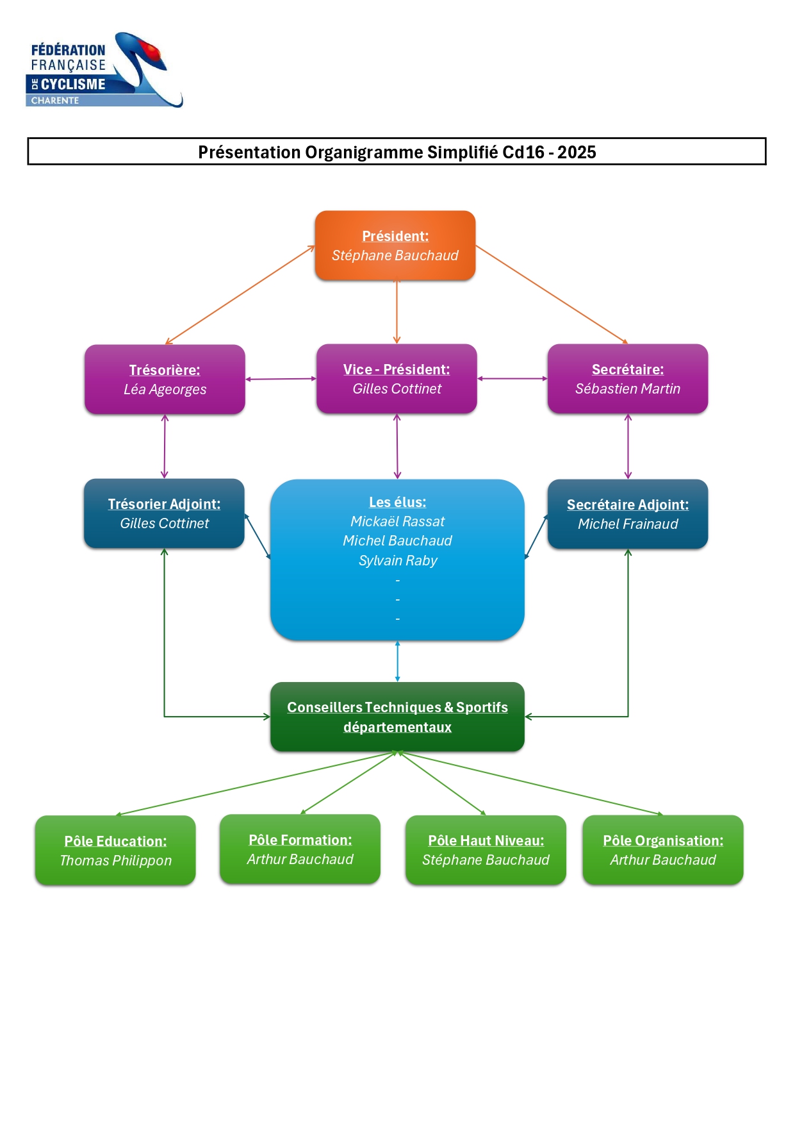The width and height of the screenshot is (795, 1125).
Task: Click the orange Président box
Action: [395, 246]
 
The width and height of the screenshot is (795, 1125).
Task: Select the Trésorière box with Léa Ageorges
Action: [165, 379]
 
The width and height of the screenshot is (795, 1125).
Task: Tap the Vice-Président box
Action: [397, 379]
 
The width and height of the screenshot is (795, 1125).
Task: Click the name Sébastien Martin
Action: [627, 389]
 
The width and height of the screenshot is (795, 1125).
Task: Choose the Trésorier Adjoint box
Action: [164, 513]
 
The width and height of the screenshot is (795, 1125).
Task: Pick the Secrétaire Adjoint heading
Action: [627, 504]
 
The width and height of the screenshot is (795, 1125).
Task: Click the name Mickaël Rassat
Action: [397, 522]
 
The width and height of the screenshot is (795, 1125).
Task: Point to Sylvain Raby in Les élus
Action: [398, 561]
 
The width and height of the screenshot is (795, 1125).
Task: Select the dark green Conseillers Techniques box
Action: [397, 717]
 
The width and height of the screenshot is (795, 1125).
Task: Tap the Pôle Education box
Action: [115, 851]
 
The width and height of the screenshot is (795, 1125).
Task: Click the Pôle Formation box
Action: [300, 849]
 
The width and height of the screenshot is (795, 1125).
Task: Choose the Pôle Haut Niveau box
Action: [486, 850]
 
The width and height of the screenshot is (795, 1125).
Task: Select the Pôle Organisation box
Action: [662, 850]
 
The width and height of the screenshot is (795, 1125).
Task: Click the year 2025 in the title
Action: [577, 153]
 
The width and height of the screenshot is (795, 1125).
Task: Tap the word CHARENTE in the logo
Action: [55, 101]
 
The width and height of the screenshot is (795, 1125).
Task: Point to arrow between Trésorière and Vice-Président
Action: [281, 379]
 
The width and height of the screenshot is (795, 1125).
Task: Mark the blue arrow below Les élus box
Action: [397, 661]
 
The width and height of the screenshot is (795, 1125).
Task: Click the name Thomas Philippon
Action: [115, 861]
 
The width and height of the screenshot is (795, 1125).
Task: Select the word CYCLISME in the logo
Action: [72, 84]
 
